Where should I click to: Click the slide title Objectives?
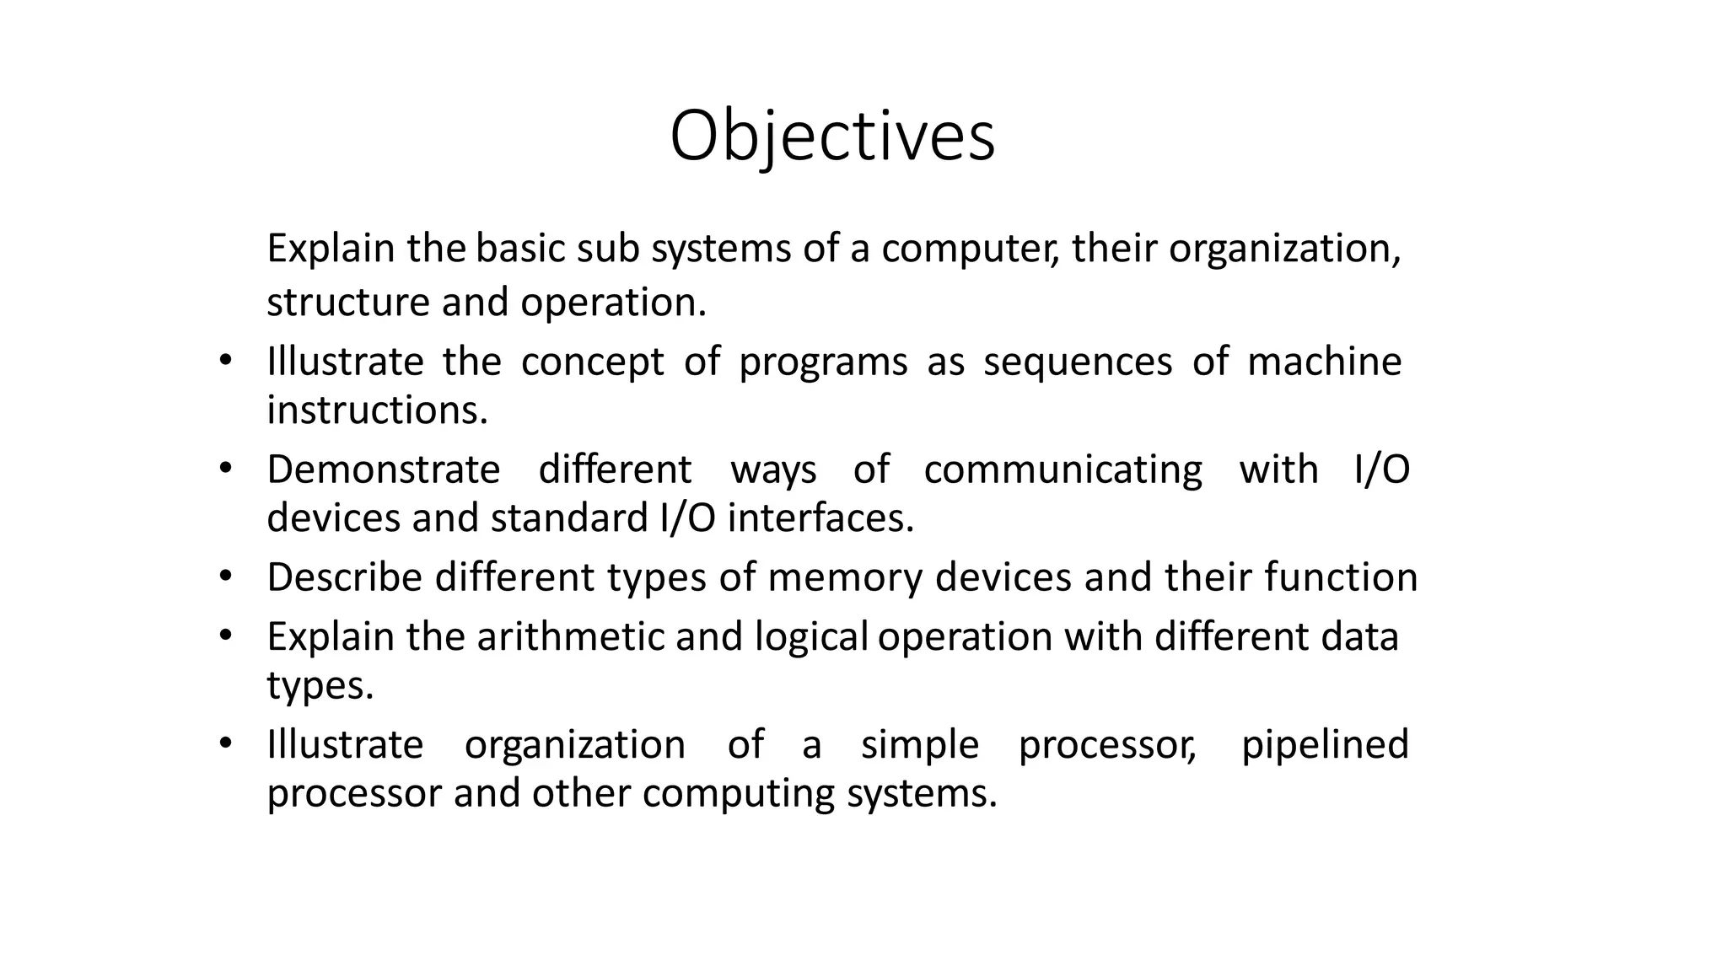point(832,137)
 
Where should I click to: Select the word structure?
point(348,303)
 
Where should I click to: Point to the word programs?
point(823,362)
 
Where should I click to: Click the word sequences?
point(1078,362)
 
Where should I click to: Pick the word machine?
point(1324,362)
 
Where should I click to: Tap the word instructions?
point(377,410)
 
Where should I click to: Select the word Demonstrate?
point(384,469)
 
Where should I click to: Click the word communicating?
point(1063,470)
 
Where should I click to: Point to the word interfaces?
point(820,518)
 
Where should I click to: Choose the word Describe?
point(345,577)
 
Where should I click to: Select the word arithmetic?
point(571,636)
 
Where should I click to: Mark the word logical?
point(811,637)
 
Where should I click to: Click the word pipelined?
point(1325,745)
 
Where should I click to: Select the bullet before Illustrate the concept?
point(224,361)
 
